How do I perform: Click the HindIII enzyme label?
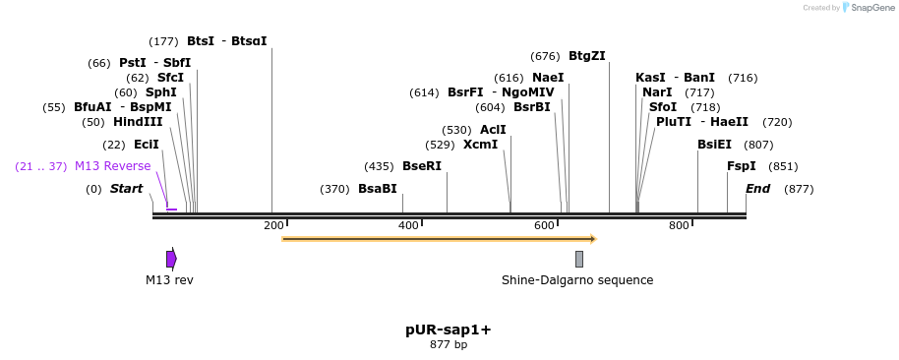point(138,122)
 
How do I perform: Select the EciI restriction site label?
point(146,145)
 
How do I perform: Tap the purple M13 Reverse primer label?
point(112,166)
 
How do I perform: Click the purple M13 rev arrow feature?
point(171,259)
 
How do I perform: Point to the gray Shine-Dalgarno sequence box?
point(579,259)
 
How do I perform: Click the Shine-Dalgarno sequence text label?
point(577,280)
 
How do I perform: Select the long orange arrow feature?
point(439,238)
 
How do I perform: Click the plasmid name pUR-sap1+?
point(449,330)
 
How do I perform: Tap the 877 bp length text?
point(449,345)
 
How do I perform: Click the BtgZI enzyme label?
point(586,56)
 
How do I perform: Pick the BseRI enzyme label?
point(422,166)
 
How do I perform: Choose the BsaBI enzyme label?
point(378,189)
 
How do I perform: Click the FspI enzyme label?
point(741,166)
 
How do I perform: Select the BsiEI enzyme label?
point(714,145)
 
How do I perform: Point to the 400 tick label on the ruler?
point(408,226)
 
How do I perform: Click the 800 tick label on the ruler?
point(679,226)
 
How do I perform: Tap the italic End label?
point(757,189)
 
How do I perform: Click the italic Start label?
point(126,189)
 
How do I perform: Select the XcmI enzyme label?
point(480,145)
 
